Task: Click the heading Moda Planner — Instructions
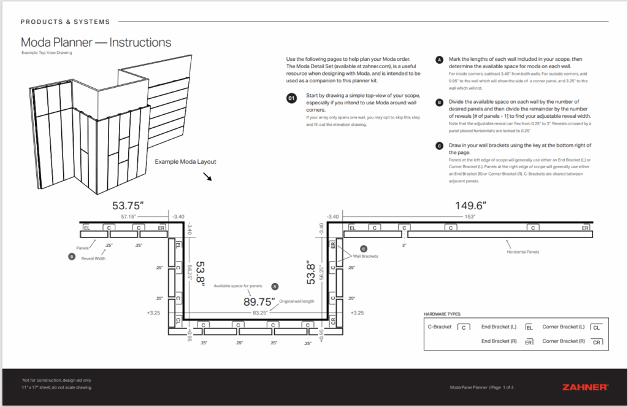click(x=96, y=42)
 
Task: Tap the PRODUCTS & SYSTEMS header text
click(x=65, y=22)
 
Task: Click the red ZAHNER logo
click(x=585, y=387)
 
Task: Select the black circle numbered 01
click(x=292, y=98)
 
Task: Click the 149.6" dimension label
click(x=471, y=206)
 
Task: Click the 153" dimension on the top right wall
click(x=470, y=216)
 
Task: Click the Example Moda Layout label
click(x=185, y=162)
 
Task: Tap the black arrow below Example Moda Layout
click(x=207, y=177)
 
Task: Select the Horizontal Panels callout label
click(x=523, y=252)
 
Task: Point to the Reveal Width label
click(x=94, y=258)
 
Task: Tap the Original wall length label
click(x=297, y=301)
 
